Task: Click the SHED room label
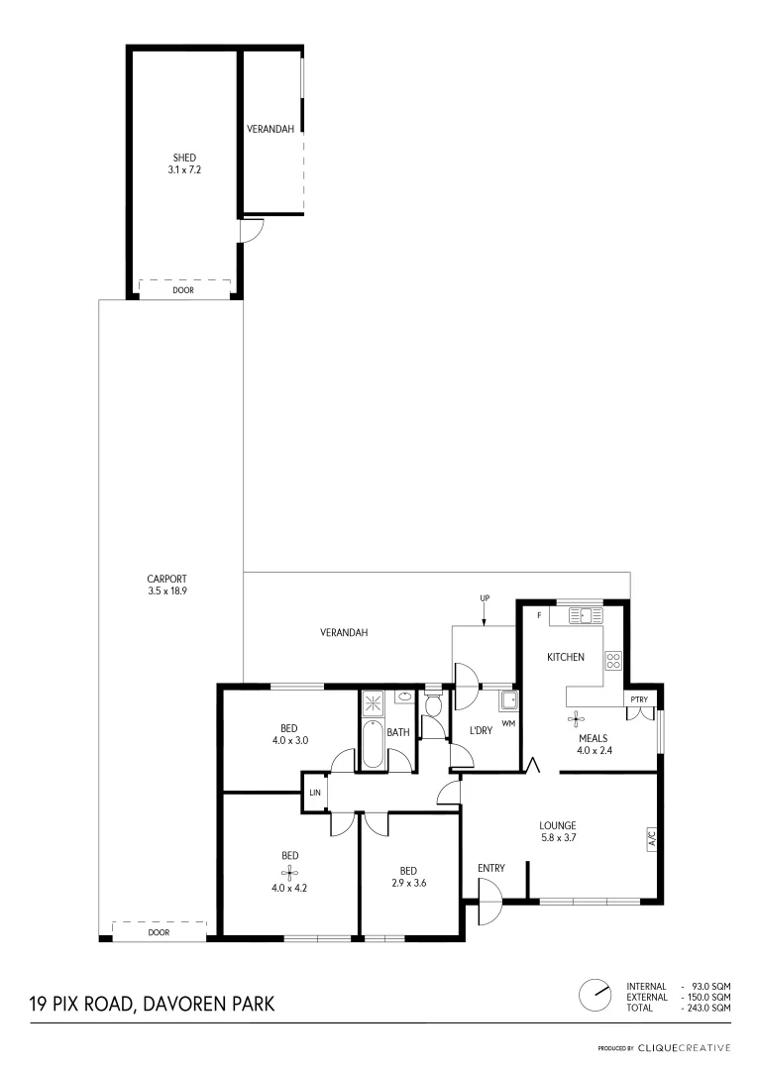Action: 183,158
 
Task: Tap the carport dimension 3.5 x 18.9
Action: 166,591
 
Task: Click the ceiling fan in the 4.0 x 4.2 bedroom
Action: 290,872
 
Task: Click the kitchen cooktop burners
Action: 612,660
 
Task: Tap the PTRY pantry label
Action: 639,699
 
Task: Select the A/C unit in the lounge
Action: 652,838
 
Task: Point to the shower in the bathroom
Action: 375,703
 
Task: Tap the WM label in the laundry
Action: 509,724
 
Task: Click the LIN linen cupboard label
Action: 315,793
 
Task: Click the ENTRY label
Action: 491,869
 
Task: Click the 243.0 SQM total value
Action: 709,1008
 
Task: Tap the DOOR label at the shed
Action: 183,291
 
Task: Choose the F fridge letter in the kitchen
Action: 538,615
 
